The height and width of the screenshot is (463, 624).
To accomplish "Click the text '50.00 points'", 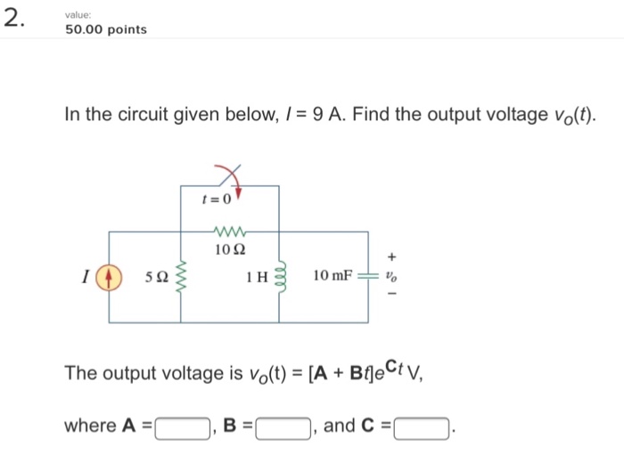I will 106,29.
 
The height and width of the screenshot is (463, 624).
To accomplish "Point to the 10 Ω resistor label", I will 229,248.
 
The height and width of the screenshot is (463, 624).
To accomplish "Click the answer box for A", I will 183,428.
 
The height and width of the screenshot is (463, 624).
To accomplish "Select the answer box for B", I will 283,428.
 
